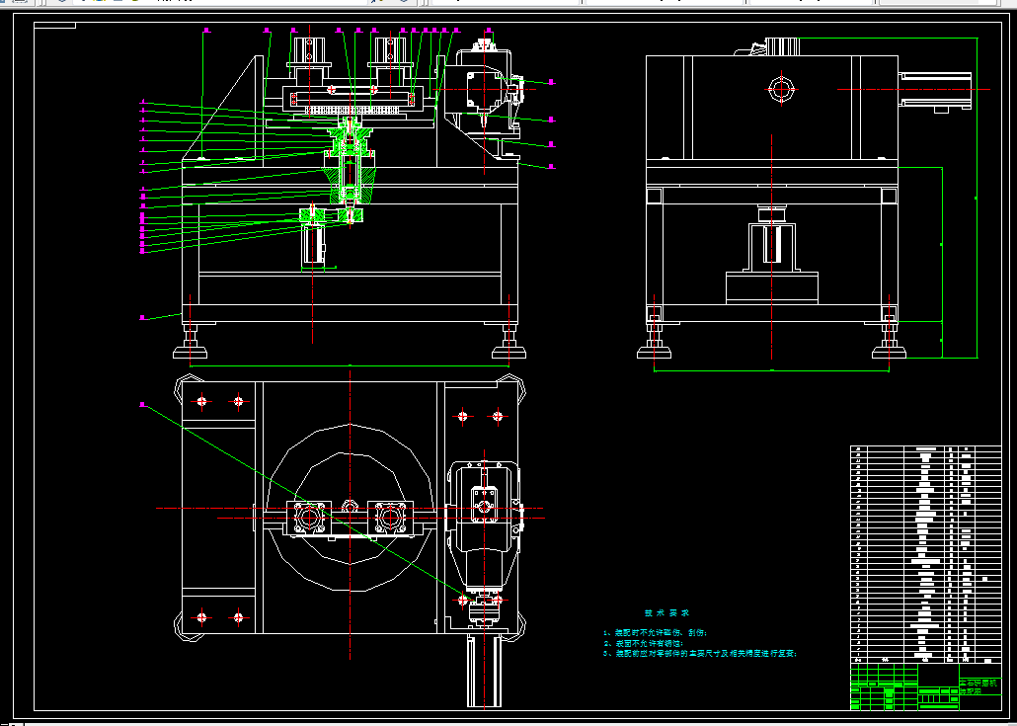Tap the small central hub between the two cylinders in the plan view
click(350, 508)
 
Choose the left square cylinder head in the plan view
click(308, 517)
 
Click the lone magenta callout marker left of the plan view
click(142, 404)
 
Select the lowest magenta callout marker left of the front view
click(142, 317)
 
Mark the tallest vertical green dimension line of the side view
click(978, 198)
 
